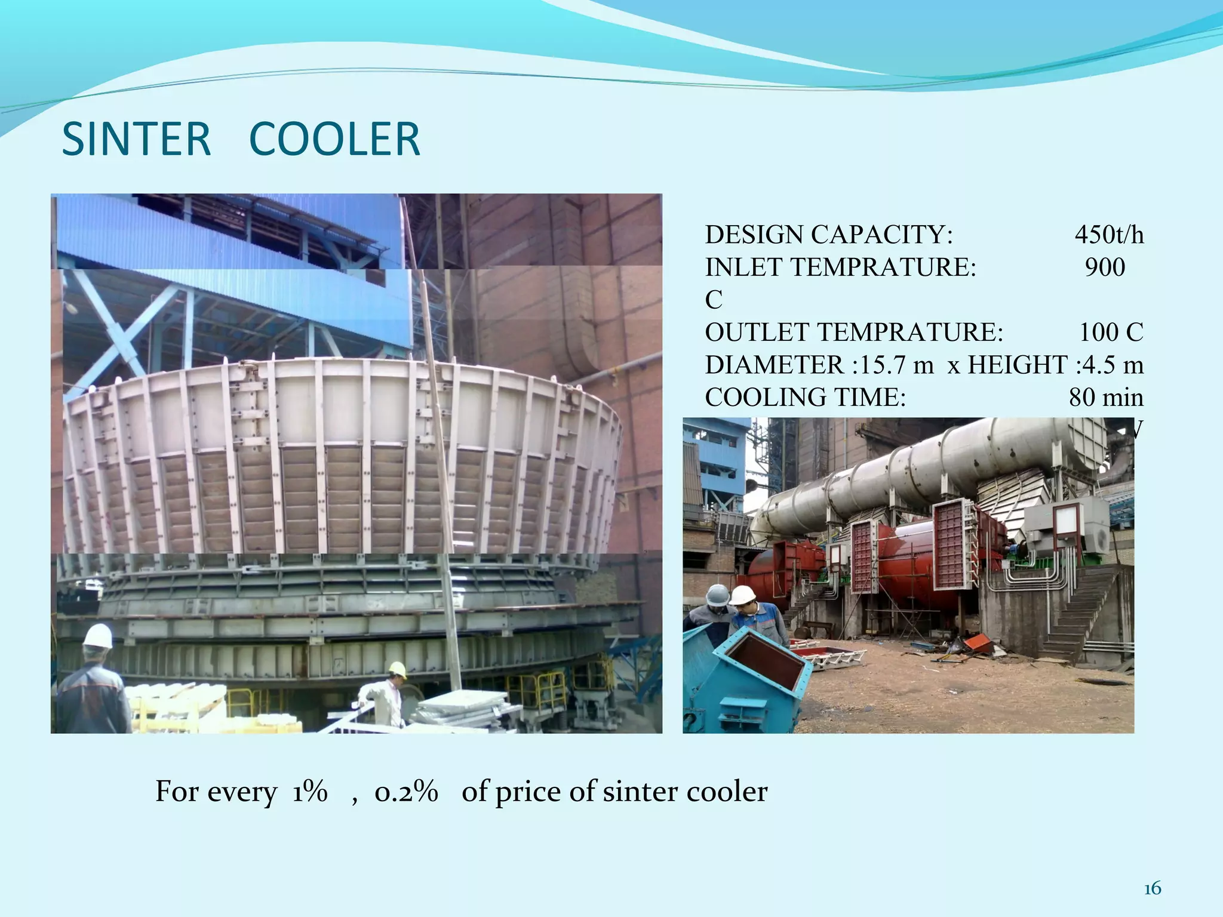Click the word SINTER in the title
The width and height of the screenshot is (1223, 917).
coord(136,140)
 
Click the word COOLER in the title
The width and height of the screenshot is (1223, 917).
coord(334,140)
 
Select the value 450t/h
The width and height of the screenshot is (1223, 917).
coord(1109,235)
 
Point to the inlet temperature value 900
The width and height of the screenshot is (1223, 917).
coord(1105,267)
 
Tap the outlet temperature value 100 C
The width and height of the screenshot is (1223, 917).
coord(1111,332)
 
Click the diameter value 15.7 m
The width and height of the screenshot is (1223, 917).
coord(896,365)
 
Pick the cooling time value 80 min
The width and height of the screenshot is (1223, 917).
coord(1106,397)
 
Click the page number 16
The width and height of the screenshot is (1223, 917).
coord(1152,889)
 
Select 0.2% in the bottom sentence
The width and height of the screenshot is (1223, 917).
coord(406,792)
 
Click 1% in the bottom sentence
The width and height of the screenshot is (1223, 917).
coord(310,792)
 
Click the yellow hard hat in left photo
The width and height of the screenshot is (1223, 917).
coord(398,669)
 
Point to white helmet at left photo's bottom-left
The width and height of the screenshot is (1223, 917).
coord(97,636)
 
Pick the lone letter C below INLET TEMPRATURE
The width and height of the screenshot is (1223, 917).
coord(714,300)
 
